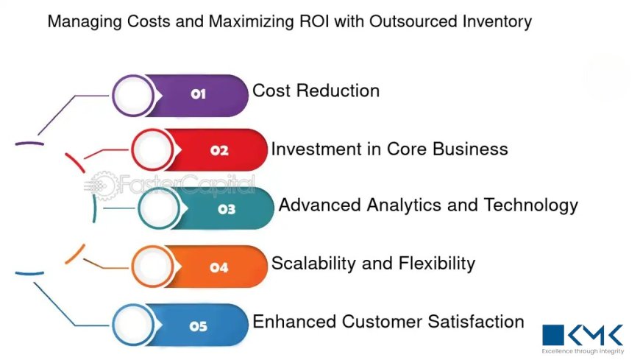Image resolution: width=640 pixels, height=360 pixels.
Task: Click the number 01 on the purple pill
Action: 198,94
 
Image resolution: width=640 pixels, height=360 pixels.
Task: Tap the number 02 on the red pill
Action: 219,151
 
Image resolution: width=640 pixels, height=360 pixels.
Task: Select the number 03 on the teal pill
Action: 227,209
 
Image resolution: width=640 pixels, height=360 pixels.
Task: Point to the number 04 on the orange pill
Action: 219,268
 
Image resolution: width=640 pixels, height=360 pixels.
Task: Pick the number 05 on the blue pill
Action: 198,326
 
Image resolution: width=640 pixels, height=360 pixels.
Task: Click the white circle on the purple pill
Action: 134,95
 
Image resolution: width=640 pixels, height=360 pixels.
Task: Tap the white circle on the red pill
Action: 154,150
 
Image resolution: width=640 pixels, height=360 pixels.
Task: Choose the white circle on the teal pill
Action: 160,208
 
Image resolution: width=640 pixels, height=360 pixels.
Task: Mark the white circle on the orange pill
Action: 154,267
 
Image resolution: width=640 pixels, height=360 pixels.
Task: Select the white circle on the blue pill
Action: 134,325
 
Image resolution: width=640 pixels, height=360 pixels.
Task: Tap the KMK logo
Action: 583,333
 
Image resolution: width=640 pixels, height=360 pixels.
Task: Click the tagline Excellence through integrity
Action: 583,352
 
